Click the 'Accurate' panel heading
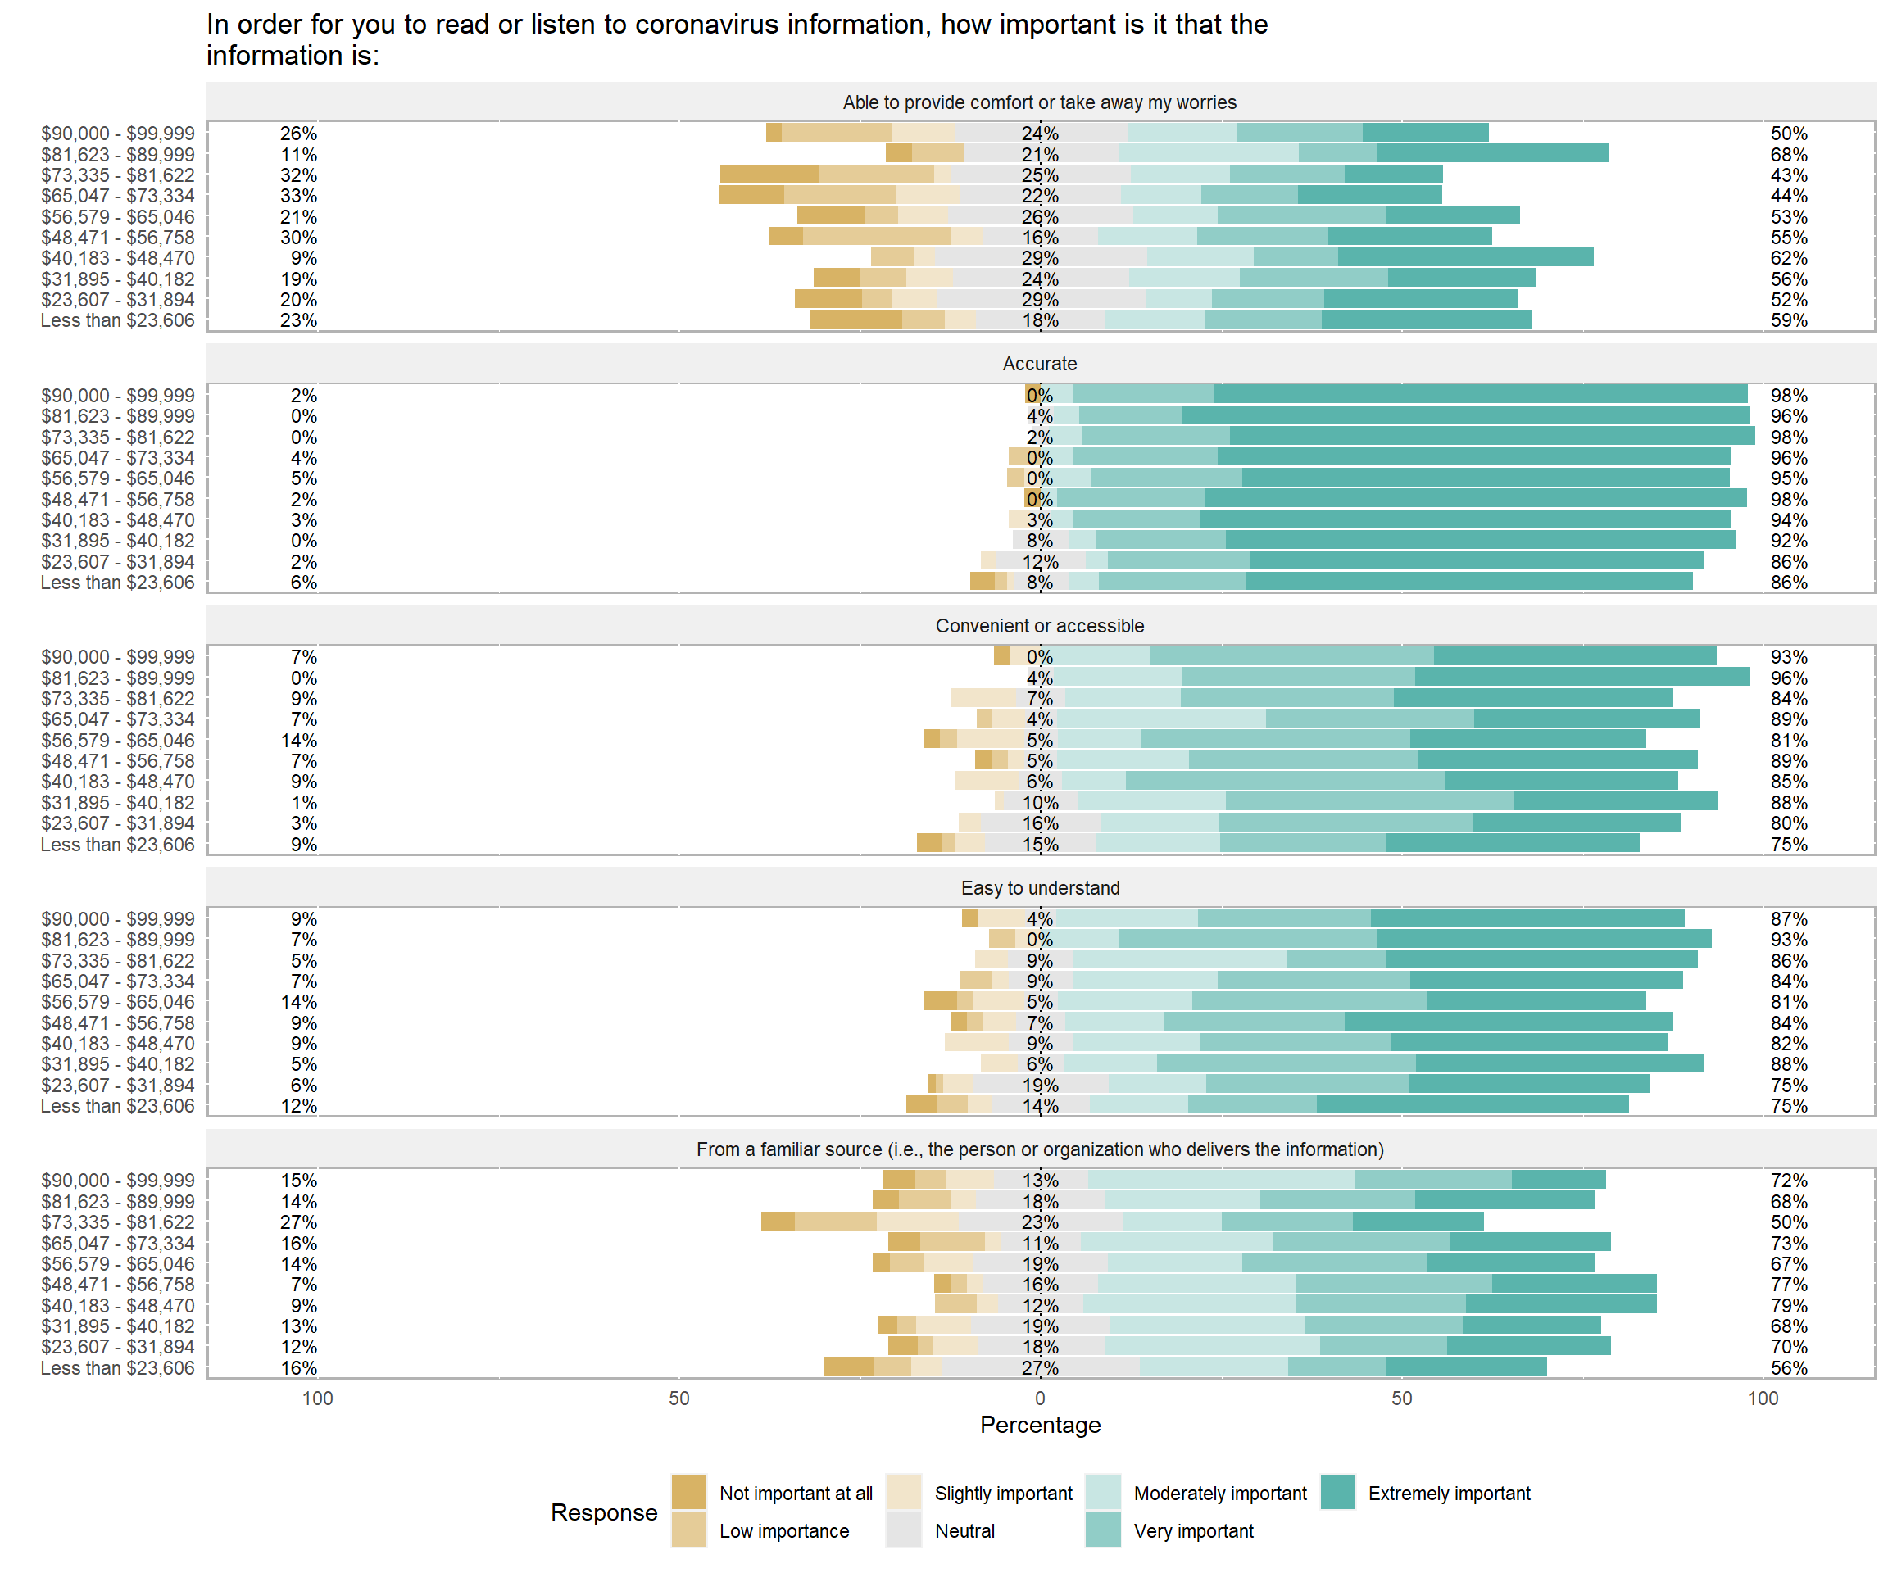tap(1039, 364)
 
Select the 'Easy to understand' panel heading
tap(1039, 888)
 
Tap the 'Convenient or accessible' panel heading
tap(1039, 626)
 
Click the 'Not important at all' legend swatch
tap(688, 1492)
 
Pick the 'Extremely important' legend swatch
tap(1338, 1492)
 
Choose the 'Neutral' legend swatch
tap(904, 1530)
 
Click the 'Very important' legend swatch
tap(1103, 1530)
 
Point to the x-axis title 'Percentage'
tap(1040, 1425)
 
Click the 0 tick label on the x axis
tap(1040, 1398)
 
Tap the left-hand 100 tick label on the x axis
tap(317, 1398)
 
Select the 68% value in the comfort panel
tap(1788, 155)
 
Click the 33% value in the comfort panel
tap(298, 196)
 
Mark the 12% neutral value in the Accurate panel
tap(1040, 562)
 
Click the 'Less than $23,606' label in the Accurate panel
tap(117, 583)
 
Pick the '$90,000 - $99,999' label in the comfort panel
tap(117, 133)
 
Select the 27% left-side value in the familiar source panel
tap(298, 1222)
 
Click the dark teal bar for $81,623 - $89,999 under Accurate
tap(1465, 415)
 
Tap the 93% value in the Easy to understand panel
tap(1788, 940)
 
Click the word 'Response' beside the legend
tap(604, 1512)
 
